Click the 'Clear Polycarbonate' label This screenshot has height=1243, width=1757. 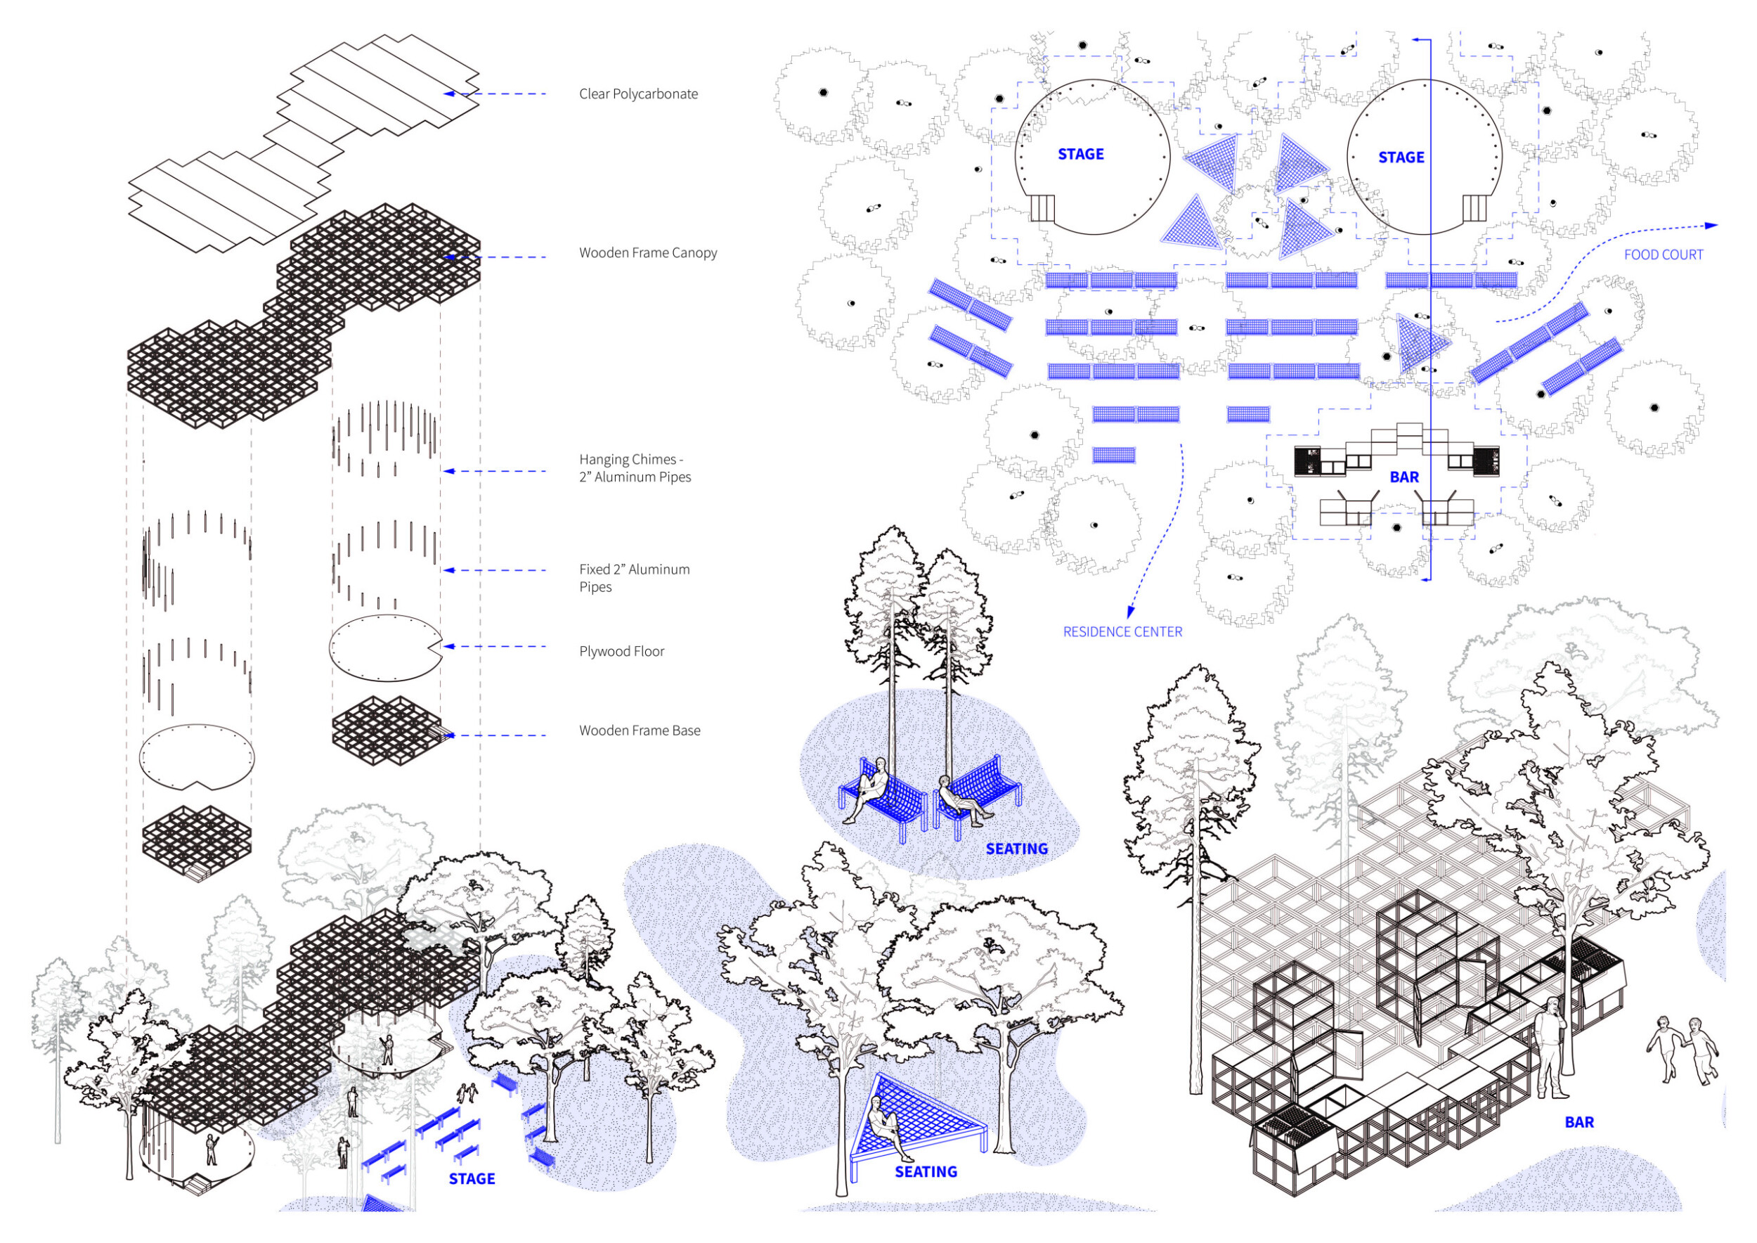(638, 94)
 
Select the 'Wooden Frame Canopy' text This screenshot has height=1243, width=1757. (647, 252)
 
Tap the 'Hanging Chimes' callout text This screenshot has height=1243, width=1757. (635, 468)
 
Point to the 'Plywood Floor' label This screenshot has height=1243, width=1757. (621, 651)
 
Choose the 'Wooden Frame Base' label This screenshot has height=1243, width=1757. (639, 730)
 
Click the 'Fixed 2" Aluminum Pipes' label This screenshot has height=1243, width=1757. (634, 578)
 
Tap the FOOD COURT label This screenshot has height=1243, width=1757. (1664, 255)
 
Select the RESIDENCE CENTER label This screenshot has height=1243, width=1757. (1122, 631)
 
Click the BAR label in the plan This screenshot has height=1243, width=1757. (1404, 477)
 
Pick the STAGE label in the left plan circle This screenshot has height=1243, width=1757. (1080, 154)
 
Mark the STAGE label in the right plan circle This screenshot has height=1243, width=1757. (1401, 157)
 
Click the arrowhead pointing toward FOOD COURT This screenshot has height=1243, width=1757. (1712, 226)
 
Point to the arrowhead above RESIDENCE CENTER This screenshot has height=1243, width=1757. (1129, 612)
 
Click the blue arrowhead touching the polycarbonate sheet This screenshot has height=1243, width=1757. (450, 94)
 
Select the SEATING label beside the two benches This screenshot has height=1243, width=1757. (1016, 849)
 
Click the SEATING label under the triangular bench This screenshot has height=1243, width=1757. (926, 1172)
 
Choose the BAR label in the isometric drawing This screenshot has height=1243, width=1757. (1579, 1122)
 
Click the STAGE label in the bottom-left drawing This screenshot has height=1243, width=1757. (472, 1179)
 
